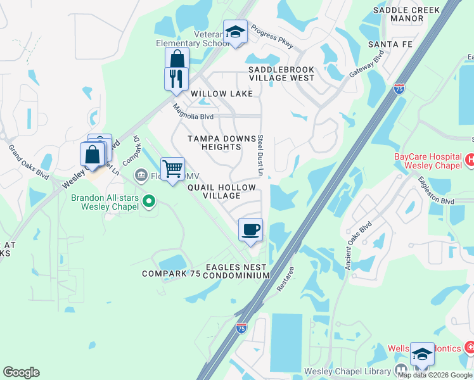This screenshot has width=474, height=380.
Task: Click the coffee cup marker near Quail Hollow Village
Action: tap(250, 229)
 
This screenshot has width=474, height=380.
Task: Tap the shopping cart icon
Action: tap(172, 169)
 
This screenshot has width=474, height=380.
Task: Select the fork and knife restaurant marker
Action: tap(176, 79)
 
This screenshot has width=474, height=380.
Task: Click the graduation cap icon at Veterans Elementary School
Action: tap(235, 32)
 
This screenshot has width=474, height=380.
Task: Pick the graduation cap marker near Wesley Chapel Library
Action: tap(422, 354)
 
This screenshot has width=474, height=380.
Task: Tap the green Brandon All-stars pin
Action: tap(149, 202)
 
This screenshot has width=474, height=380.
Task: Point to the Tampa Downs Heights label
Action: tap(215, 142)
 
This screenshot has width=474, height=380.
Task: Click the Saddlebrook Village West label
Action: tap(281, 73)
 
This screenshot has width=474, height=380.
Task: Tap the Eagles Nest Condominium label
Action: tap(237, 272)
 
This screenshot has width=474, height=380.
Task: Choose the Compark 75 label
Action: tap(171, 274)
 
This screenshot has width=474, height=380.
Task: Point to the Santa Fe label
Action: tap(394, 44)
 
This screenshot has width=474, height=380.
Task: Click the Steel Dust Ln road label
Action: tap(260, 155)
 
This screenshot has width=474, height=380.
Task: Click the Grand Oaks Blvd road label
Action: tap(29, 161)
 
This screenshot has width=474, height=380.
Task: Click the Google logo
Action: tap(21, 372)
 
